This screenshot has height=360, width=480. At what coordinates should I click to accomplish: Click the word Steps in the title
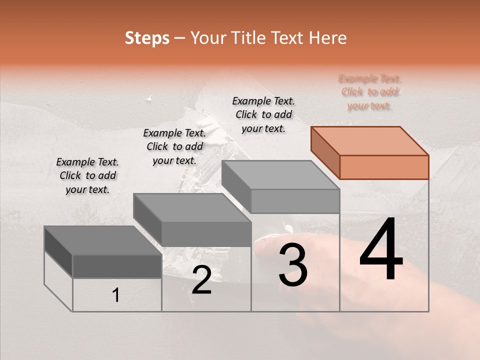(147, 38)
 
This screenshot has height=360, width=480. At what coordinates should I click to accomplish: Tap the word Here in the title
(328, 38)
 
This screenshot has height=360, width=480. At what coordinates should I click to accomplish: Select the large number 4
(381, 250)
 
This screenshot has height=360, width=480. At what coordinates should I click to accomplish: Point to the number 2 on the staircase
(201, 280)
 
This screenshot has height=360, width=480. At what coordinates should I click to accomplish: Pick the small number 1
(115, 295)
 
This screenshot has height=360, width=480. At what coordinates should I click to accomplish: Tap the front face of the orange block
(384, 167)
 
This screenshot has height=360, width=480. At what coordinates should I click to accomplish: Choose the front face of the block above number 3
(295, 201)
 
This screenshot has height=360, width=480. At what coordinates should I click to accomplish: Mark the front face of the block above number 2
(206, 234)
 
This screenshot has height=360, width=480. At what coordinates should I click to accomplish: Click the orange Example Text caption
(369, 92)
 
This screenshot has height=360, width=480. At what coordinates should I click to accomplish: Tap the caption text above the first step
(87, 175)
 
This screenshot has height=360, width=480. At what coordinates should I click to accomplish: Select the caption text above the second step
(174, 146)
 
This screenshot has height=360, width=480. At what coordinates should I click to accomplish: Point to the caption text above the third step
(263, 114)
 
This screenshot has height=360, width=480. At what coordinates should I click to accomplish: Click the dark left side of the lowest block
(58, 251)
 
